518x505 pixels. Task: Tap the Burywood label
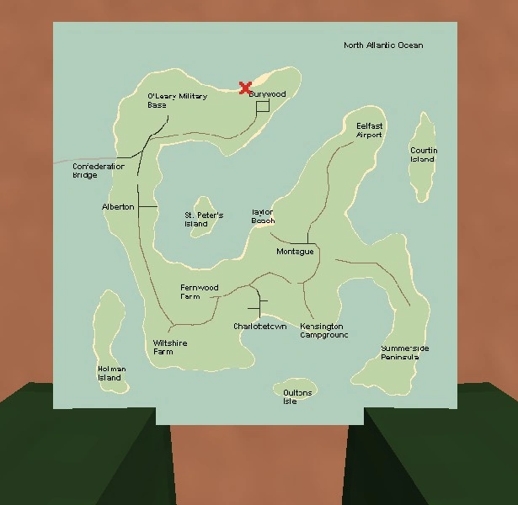tap(267, 94)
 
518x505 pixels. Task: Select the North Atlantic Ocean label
tap(383, 45)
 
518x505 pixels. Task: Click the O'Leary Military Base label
tap(177, 101)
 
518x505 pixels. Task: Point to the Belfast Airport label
tap(369, 130)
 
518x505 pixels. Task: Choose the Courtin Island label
tap(424, 155)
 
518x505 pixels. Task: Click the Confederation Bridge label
tap(98, 171)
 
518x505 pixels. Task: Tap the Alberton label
tap(118, 207)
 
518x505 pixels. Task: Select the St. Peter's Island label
tap(204, 220)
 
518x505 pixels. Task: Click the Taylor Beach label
tap(263, 216)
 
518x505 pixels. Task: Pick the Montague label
tap(295, 252)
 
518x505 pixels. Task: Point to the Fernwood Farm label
tap(199, 292)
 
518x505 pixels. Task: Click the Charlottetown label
tap(260, 326)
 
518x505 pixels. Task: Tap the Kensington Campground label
tap(323, 330)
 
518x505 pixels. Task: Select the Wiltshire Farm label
tap(170, 348)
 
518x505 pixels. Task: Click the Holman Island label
tap(111, 373)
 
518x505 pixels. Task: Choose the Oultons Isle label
tap(297, 397)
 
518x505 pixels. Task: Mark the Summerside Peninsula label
tap(404, 353)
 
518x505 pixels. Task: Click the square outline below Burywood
tap(262, 106)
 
